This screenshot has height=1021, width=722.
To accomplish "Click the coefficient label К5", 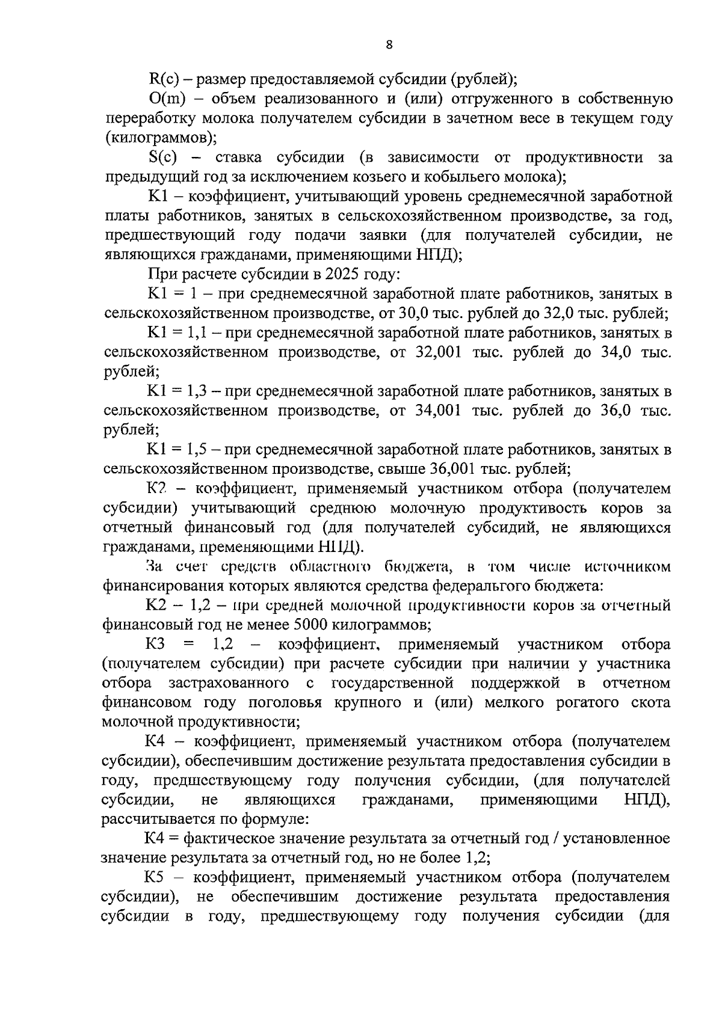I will coord(155,878).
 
